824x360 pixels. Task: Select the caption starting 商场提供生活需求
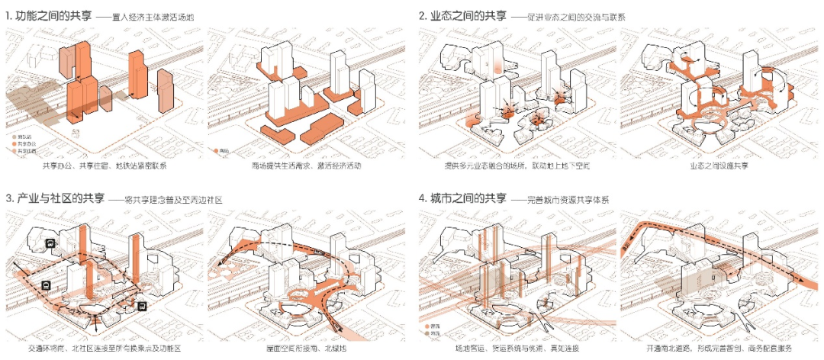(306, 166)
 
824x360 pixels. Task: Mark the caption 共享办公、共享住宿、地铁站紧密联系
(105, 166)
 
